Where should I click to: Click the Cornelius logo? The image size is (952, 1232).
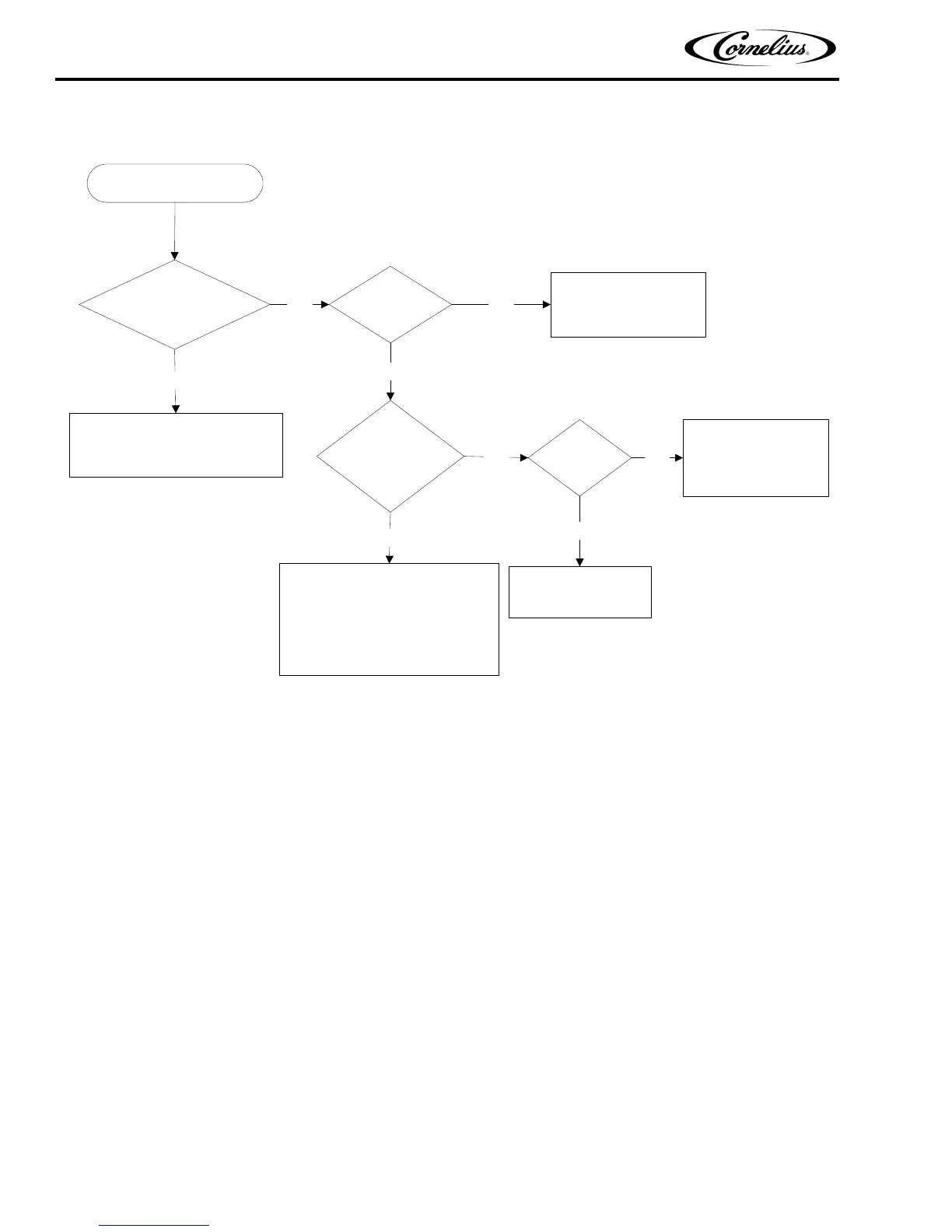pos(760,48)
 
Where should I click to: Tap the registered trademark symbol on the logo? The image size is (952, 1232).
pos(809,56)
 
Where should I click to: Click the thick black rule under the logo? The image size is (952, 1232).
pos(447,79)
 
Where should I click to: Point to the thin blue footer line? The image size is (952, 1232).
pos(155,1225)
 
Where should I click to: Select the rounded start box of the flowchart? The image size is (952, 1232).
pos(174,184)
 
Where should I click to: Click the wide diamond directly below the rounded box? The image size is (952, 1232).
pos(174,304)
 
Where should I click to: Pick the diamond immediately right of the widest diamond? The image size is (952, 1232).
pos(390,305)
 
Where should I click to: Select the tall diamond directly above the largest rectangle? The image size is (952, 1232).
pos(390,456)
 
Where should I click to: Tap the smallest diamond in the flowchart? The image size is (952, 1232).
pos(579,457)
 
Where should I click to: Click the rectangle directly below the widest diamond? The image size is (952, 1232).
pos(176,445)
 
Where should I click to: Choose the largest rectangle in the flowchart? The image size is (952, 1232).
pos(389,619)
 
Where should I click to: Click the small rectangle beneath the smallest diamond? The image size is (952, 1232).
pos(579,592)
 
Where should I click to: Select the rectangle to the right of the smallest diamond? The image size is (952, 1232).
pos(755,457)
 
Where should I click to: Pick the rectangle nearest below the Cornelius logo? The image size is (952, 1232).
pos(628,304)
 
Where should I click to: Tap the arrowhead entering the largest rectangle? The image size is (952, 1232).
pos(390,558)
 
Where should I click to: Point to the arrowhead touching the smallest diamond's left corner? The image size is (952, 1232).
pos(523,458)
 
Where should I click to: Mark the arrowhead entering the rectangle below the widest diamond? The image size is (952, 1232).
pos(175,408)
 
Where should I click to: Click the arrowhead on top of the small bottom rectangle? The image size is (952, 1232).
pos(579,561)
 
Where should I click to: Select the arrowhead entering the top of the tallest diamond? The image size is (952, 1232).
pos(390,395)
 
